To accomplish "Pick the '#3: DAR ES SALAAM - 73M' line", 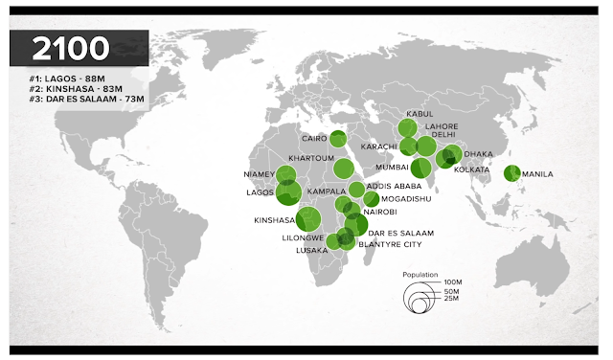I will click(79, 100).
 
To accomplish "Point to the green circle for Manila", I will click(511, 173).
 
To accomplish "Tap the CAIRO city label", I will click(314, 138).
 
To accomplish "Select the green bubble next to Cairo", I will click(337, 138).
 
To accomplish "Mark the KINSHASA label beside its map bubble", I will click(273, 220).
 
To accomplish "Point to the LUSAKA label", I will click(311, 250).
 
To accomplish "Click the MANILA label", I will click(538, 173).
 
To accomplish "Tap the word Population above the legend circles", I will click(420, 275).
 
